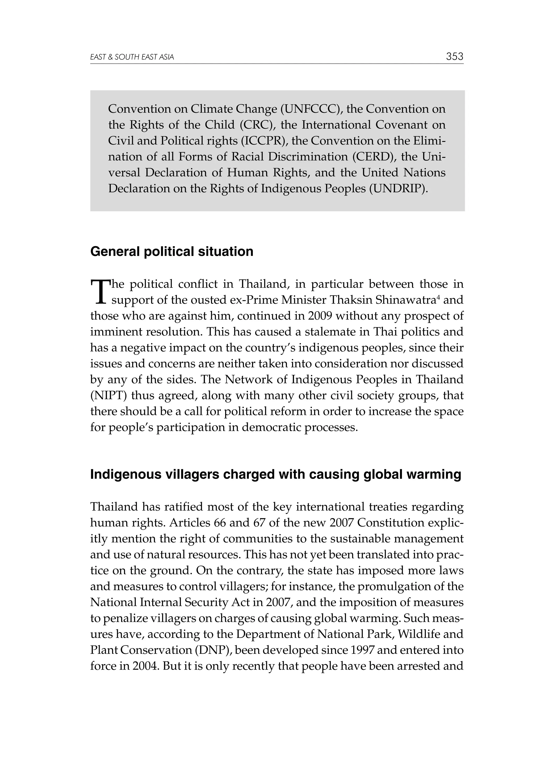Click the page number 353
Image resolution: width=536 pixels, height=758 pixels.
click(454, 57)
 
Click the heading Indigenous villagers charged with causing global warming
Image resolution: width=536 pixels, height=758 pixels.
click(275, 474)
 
